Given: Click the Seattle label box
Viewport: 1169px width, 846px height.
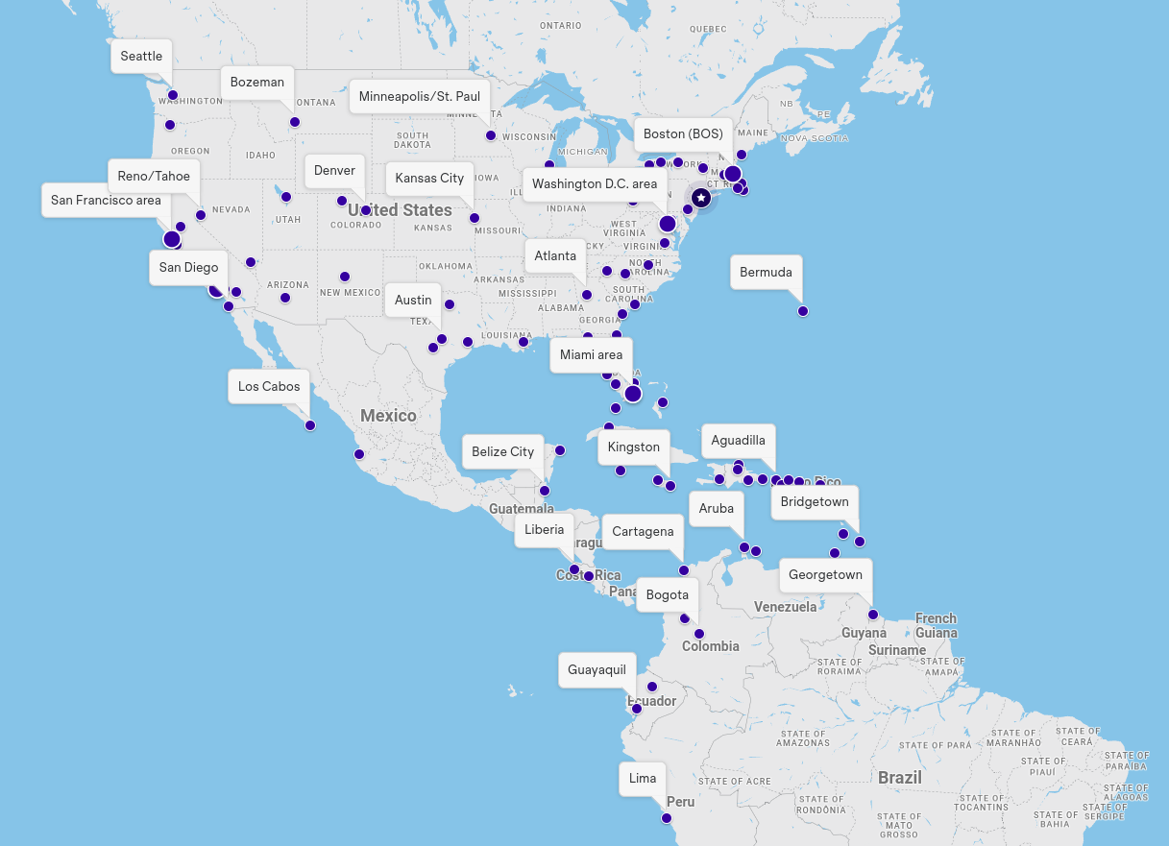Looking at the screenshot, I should (141, 56).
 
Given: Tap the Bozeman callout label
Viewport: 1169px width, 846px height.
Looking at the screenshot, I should (257, 83).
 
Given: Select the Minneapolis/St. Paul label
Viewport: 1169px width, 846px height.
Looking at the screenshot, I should (420, 96).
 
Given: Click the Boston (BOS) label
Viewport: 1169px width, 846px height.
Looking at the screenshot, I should (683, 133).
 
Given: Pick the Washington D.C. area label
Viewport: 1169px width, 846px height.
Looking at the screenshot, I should (595, 184).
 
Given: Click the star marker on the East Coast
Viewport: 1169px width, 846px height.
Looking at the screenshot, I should (701, 197).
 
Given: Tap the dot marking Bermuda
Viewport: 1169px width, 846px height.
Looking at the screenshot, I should (803, 311).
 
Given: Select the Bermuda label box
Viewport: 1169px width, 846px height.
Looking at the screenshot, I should (766, 272).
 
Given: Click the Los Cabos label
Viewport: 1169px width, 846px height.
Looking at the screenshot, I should (269, 386).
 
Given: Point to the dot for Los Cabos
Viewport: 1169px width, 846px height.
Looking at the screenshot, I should (310, 425).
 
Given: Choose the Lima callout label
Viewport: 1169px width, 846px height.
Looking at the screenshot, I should (643, 778).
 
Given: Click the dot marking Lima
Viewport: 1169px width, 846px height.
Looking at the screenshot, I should (667, 818).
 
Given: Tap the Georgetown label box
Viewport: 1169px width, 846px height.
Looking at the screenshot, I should (825, 574).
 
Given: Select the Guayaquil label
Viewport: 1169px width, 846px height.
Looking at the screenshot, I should (597, 669).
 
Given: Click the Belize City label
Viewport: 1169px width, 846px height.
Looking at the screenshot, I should (502, 451).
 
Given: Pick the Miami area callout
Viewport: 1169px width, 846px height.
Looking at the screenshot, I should (591, 354).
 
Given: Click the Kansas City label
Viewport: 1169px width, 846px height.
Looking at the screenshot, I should (429, 178).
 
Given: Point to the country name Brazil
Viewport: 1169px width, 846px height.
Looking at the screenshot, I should (899, 778).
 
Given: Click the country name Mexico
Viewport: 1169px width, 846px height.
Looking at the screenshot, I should (388, 416).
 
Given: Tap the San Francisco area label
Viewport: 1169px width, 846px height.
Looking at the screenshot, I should (106, 200).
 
